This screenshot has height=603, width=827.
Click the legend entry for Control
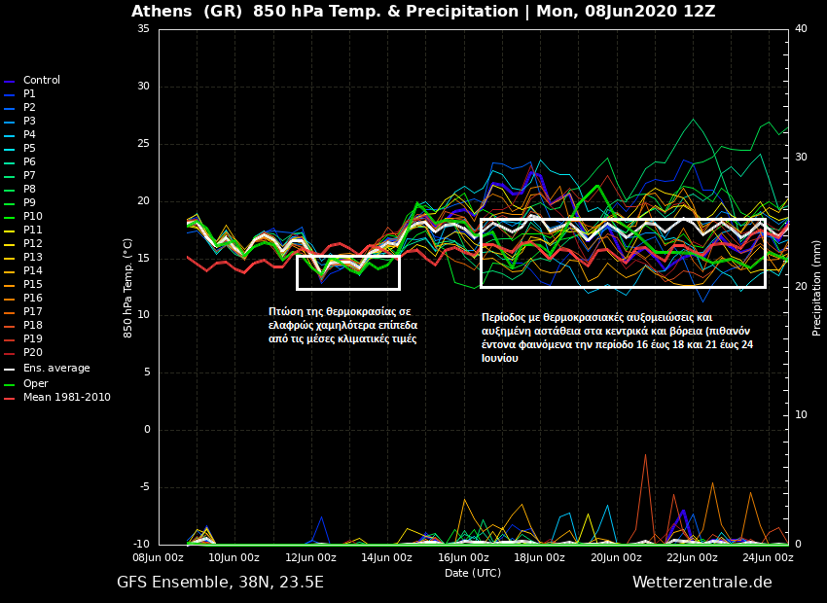pos(41,80)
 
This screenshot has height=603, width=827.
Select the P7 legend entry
pos(29,175)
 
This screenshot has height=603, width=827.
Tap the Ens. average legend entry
pos(56,368)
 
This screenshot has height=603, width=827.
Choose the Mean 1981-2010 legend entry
pos(66,397)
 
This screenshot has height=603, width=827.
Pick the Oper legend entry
pos(35,383)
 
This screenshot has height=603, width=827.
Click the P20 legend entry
pos(32,352)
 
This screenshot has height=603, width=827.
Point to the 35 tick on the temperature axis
pos(143,29)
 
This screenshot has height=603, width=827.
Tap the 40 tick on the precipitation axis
pos(801,29)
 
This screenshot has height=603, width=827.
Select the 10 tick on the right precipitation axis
pos(801,415)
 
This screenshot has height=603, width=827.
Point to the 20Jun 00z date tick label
pos(617,558)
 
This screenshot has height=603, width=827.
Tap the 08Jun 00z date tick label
pos(158,558)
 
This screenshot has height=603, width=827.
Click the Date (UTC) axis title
pos(473,573)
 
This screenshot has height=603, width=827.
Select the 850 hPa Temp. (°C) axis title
pos(128,287)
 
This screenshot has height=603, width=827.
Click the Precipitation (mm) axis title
pos(817,287)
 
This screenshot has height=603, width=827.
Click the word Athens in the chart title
pos(163,12)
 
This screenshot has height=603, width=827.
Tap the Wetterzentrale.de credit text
pos(701,583)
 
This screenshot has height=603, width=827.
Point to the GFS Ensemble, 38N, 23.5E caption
pos(220,583)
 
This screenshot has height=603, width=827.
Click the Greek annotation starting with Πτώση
pos(342,325)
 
